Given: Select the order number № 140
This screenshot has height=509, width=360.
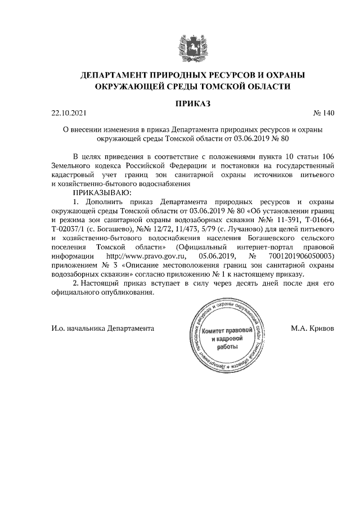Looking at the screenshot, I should pyautogui.click(x=324, y=114).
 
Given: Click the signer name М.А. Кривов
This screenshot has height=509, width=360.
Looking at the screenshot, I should pyautogui.click(x=313, y=328).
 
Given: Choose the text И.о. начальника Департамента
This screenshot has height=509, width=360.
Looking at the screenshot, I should pyautogui.click(x=103, y=328).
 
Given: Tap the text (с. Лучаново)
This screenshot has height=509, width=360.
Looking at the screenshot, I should pyautogui.click(x=237, y=229).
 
